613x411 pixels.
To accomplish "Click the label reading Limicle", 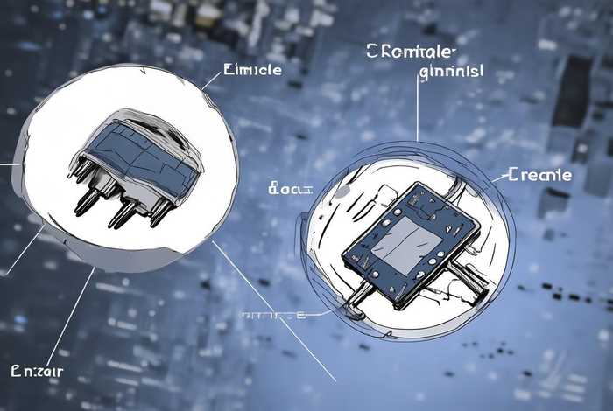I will tap(253, 70).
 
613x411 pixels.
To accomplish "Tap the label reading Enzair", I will tap(38, 371).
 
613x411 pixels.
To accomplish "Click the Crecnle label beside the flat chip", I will tap(539, 175).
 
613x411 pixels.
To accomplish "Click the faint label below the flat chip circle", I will tap(273, 313).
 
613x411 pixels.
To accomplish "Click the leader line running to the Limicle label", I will tap(212, 80).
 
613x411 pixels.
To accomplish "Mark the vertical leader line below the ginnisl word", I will tap(418, 109).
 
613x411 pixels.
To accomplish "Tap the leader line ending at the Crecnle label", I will tap(495, 178).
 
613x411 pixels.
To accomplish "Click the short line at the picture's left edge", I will tap(9, 163).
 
